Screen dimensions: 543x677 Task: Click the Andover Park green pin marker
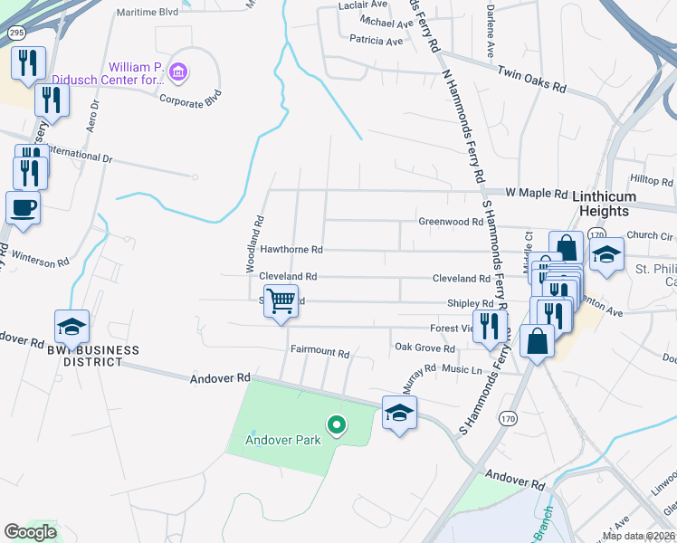pos(337,424)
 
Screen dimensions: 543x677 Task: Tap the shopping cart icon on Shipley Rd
pos(281,300)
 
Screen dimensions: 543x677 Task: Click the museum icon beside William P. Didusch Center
pos(178,71)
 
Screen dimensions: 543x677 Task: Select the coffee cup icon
pos(23,207)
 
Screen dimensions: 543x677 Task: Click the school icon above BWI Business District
pos(72,326)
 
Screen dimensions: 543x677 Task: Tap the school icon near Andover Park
pos(399,414)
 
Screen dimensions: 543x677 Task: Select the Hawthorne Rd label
pos(291,249)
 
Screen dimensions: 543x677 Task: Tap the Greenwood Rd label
pos(450,221)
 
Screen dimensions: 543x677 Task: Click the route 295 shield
pos(15,32)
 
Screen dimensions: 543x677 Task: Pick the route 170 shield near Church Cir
pos(596,233)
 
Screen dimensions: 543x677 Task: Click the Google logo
pos(30,532)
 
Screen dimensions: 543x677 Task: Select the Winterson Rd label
pos(39,262)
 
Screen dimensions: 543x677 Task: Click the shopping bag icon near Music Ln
pos(537,341)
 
